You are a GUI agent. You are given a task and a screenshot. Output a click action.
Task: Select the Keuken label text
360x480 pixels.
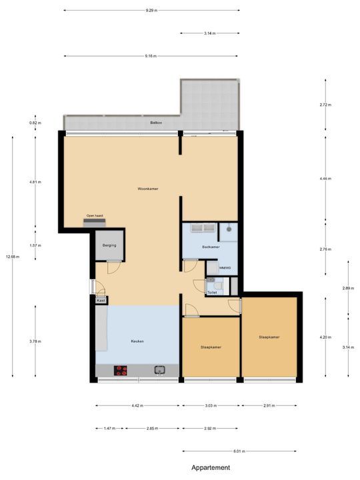(x=137, y=341)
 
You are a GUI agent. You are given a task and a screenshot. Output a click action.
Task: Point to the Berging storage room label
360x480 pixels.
(x=109, y=245)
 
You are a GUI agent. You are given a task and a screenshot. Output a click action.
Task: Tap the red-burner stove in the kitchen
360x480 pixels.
(x=121, y=370)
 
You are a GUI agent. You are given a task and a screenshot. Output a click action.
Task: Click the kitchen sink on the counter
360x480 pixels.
(x=160, y=370)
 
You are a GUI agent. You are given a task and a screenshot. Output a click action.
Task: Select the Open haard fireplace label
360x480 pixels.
(x=95, y=216)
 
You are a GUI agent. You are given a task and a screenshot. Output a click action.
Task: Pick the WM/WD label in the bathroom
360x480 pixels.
(x=224, y=268)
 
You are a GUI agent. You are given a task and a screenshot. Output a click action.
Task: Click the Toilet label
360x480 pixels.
(x=212, y=292)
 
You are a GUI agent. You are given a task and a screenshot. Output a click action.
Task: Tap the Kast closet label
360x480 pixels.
(x=101, y=301)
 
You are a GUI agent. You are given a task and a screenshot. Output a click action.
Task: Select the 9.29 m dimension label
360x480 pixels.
(x=152, y=11)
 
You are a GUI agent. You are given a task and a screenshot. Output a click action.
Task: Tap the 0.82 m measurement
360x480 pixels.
(x=35, y=123)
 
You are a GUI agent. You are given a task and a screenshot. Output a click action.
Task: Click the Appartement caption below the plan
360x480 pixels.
(x=211, y=468)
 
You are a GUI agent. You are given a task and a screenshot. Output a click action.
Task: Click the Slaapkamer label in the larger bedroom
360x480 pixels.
(x=269, y=337)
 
